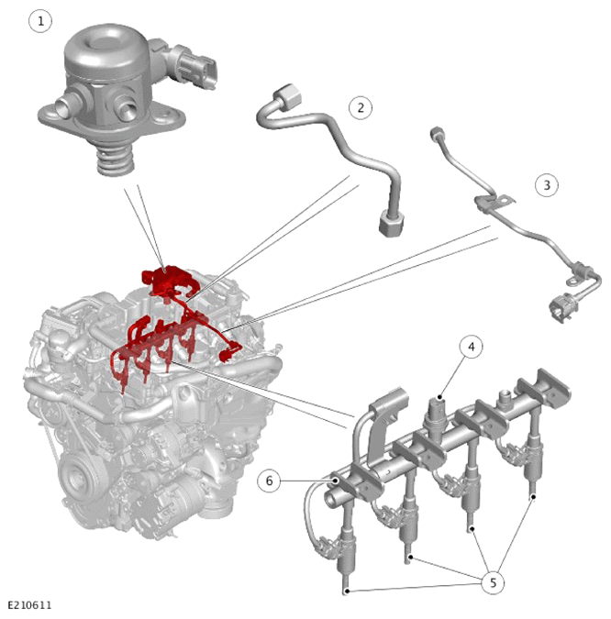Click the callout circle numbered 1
(40, 21)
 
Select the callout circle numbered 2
(361, 107)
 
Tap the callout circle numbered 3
(547, 184)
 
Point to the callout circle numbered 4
(472, 347)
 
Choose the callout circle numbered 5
(493, 582)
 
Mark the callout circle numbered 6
(270, 481)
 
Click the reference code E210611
(29, 605)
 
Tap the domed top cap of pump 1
(107, 50)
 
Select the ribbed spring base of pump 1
(116, 161)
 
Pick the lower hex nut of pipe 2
(392, 224)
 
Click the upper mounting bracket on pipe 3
(494, 202)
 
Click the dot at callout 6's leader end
(335, 481)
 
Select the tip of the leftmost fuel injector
(347, 590)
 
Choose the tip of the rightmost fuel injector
(533, 496)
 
